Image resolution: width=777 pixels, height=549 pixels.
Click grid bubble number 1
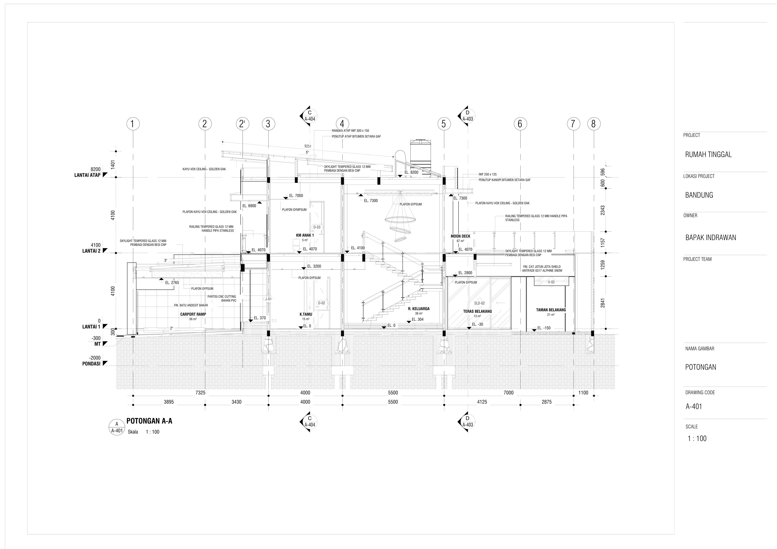(x=133, y=124)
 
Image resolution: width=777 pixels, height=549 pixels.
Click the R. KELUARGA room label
(x=419, y=308)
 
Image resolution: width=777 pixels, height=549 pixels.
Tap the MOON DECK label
(x=460, y=236)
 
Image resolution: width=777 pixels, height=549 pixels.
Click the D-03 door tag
(x=317, y=227)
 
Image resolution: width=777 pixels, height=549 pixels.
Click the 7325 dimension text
(x=200, y=393)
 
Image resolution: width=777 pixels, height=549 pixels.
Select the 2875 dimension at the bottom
(x=547, y=402)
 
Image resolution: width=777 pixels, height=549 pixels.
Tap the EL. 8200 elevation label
(x=411, y=173)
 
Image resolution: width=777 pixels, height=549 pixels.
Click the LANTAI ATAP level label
(x=87, y=175)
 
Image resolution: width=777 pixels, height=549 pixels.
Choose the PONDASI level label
(x=91, y=364)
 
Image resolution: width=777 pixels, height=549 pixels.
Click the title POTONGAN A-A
(x=149, y=421)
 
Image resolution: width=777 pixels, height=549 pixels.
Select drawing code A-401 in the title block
(x=694, y=407)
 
